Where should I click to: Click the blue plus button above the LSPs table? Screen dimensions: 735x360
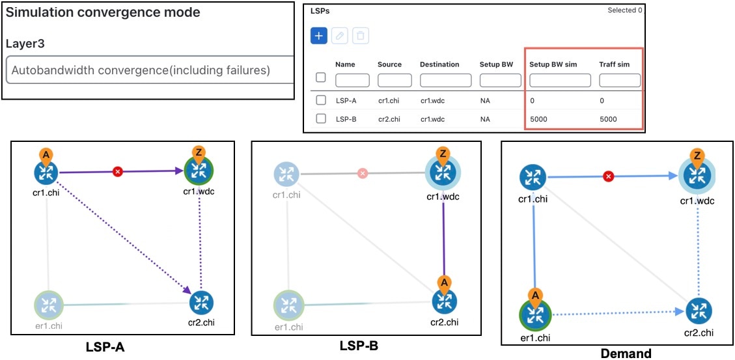click(319, 36)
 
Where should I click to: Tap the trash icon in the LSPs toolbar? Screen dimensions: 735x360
click(361, 36)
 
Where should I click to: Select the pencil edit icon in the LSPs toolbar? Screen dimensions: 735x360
click(340, 36)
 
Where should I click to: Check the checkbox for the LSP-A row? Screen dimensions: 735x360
click(321, 100)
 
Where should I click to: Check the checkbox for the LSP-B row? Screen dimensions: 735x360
click(321, 119)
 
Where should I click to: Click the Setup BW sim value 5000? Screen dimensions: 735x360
click(538, 119)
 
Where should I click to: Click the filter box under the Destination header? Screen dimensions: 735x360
click(445, 80)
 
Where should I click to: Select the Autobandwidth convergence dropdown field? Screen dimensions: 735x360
click(150, 70)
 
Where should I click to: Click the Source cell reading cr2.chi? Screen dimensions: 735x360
click(388, 119)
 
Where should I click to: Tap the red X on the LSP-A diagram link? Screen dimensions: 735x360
click(118, 172)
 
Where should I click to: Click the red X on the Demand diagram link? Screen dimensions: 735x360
click(609, 176)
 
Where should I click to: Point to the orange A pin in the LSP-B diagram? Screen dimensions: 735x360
click(443, 283)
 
